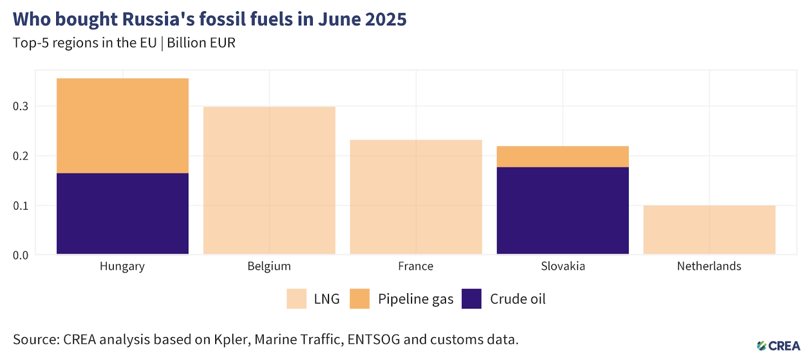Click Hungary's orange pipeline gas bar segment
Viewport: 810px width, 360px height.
123,126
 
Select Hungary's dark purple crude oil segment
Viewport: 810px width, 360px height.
123,213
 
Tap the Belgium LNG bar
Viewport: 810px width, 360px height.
269,180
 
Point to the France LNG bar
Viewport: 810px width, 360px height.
416,196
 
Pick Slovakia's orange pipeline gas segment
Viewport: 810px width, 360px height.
562,156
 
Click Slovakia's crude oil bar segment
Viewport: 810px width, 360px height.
562,210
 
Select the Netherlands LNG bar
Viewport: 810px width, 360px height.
709,229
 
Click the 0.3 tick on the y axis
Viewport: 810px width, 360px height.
21,106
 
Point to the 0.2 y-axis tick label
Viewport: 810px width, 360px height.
21,156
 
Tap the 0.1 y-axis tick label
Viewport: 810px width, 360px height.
21,206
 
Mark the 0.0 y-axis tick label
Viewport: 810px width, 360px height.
21,255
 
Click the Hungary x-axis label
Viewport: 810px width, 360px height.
122,266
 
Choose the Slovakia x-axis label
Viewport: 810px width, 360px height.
563,266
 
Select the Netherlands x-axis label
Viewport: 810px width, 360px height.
709,266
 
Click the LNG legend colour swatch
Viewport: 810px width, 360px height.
296,299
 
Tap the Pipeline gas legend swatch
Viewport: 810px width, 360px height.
359,299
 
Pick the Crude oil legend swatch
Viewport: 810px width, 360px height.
471,299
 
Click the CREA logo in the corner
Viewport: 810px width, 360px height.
779,346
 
